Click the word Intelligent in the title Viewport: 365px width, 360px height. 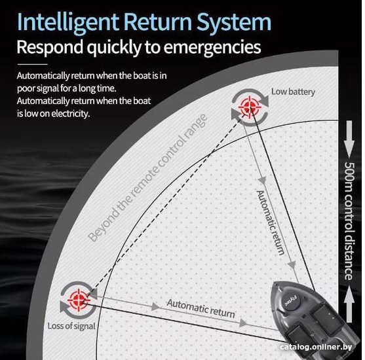pyautogui.click(x=68, y=23)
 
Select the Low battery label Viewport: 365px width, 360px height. pyautogui.click(x=293, y=92)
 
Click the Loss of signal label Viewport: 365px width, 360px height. pyautogui.click(x=71, y=326)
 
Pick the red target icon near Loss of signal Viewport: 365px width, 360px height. pyautogui.click(x=79, y=300)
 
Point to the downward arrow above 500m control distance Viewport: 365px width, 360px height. pyautogui.click(x=349, y=139)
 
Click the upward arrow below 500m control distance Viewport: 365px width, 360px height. pyautogui.click(x=349, y=304)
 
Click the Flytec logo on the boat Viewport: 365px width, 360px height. pyautogui.click(x=290, y=300)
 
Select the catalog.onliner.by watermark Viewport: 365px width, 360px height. pyautogui.click(x=316, y=347)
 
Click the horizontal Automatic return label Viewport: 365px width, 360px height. pyautogui.click(x=201, y=308)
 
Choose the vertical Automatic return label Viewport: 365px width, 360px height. pyautogui.click(x=270, y=223)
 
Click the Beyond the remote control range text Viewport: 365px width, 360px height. pyautogui.click(x=147, y=178)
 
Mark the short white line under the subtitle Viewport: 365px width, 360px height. pyautogui.click(x=32, y=64)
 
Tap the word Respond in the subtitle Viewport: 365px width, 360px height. pyautogui.click(x=50, y=47)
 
